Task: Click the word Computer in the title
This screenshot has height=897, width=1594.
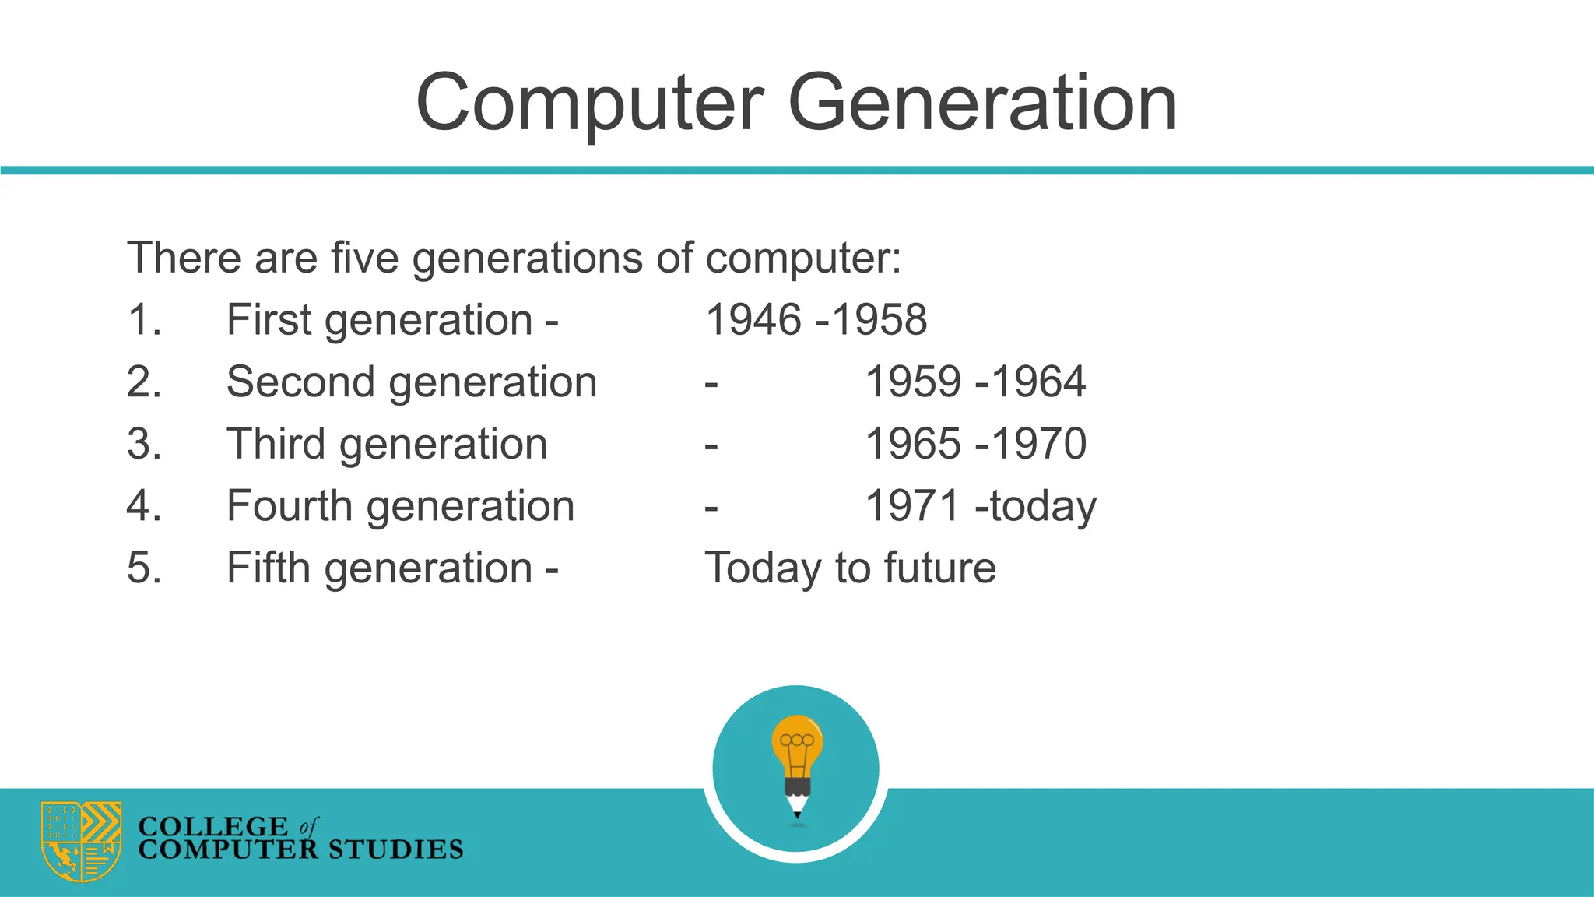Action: click(x=590, y=104)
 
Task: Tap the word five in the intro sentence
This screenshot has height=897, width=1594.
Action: click(x=364, y=258)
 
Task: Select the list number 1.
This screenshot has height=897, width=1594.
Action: click(x=143, y=320)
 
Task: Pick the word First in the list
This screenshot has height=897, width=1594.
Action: click(x=269, y=320)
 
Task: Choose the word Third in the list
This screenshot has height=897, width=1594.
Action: click(x=276, y=444)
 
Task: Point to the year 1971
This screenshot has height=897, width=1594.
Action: click(x=912, y=506)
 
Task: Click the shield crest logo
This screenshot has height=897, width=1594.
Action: click(x=82, y=841)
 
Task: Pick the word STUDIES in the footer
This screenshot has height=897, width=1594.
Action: click(x=395, y=850)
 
